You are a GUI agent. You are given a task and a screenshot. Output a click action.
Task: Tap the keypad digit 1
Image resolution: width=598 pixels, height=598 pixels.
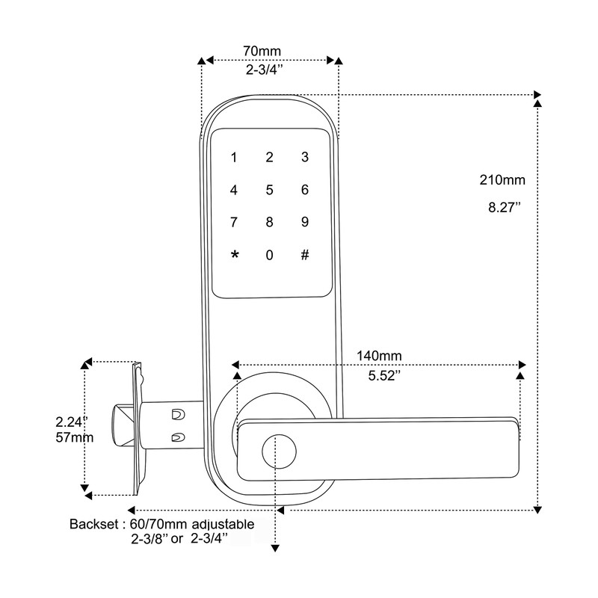(234, 158)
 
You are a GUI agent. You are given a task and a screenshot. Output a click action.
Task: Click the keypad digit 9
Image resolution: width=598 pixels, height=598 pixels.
(305, 222)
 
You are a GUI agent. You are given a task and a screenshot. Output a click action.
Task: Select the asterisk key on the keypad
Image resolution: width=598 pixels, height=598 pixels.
(235, 256)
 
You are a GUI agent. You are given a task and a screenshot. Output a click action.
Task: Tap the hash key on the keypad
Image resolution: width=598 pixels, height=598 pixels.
(305, 255)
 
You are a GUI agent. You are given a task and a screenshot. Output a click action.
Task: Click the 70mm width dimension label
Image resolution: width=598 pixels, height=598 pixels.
(262, 51)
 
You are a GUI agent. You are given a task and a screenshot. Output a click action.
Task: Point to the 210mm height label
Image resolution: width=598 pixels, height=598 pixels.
(503, 180)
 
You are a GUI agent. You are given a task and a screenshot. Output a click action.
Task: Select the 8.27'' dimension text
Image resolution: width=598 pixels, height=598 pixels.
(504, 208)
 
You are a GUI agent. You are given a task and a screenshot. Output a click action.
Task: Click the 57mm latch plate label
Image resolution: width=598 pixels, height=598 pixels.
(75, 437)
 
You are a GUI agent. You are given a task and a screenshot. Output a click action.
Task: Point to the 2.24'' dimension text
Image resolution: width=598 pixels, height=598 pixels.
(73, 421)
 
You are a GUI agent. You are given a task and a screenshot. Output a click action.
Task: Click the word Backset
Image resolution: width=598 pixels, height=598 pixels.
(92, 524)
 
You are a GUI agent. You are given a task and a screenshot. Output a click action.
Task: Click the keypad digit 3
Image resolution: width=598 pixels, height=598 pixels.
(305, 157)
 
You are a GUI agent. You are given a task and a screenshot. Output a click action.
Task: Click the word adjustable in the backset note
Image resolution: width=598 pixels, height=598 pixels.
(223, 524)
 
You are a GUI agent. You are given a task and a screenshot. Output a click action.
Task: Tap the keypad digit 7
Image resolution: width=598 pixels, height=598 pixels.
(234, 222)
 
